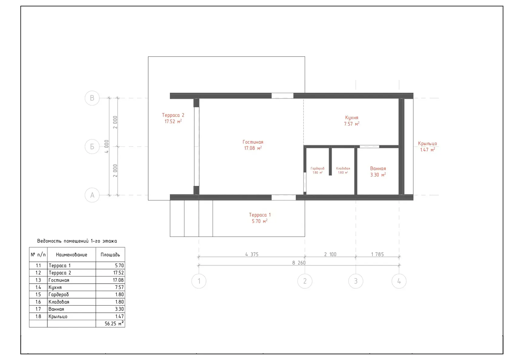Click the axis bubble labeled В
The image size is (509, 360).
coord(92,98)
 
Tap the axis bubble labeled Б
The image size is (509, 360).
coord(92,147)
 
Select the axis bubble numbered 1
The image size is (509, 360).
coord(199,281)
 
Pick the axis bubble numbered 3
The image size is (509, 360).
coord(356,281)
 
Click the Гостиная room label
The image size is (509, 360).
coord(253,142)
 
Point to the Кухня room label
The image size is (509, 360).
coord(351,118)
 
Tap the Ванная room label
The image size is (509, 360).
coord(378,168)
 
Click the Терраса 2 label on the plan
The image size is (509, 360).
coord(173,115)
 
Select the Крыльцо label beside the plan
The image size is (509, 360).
coord(427,144)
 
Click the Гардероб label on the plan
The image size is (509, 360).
coord(318,168)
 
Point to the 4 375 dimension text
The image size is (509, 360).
coord(252,254)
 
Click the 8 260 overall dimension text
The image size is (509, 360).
coord(299,263)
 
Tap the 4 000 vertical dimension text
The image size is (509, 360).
coord(107,146)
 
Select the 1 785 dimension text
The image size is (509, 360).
coord(378,254)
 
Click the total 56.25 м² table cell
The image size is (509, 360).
coord(114,323)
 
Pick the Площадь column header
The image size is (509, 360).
coord(110,255)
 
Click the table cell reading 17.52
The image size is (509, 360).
coord(118,273)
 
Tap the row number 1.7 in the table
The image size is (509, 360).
coord(38,309)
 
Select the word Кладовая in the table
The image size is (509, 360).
coord(59,302)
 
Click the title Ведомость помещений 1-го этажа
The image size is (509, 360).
coord(77,241)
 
